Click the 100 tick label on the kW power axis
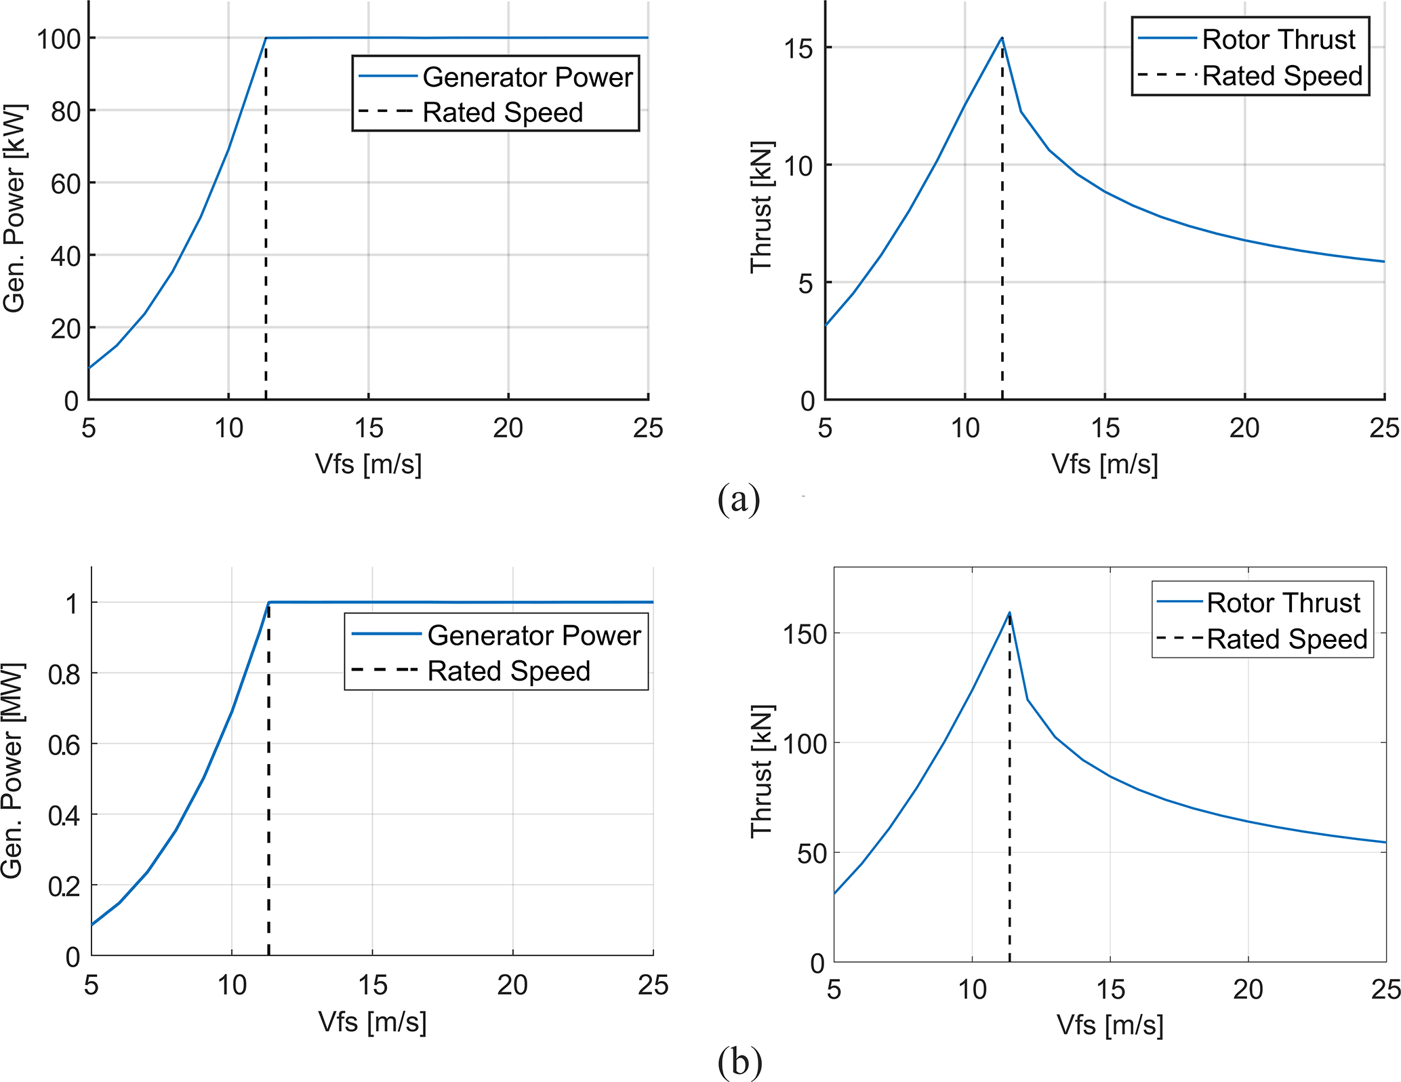click(59, 39)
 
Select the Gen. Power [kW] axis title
click(14, 208)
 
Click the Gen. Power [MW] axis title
click(13, 770)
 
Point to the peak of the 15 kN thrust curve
click(1002, 38)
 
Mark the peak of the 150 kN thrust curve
click(1009, 613)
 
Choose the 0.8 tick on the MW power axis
click(64, 675)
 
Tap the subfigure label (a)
click(739, 500)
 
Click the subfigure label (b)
click(739, 1062)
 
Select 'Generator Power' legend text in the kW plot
click(527, 77)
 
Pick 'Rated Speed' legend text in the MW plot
click(509, 671)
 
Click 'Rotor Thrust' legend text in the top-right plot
click(1278, 40)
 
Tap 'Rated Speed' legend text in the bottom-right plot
click(1287, 639)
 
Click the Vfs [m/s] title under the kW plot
click(368, 464)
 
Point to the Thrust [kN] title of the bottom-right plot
click(762, 771)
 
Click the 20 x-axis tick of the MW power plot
click(512, 985)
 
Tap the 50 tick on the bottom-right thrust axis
click(811, 854)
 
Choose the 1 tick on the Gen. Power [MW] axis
click(73, 603)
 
